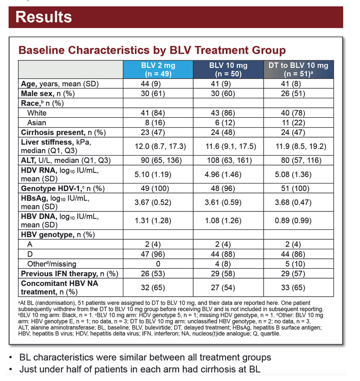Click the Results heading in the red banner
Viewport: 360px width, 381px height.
click(44, 17)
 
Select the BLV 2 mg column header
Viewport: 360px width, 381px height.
click(158, 69)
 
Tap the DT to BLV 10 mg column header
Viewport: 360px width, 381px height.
click(299, 69)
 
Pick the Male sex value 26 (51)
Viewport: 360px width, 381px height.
click(293, 94)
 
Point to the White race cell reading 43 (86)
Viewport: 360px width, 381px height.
click(223, 113)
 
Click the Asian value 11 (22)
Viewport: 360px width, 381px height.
click(294, 123)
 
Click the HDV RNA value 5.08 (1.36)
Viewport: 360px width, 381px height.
click(293, 175)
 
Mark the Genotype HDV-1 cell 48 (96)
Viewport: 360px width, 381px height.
click(223, 189)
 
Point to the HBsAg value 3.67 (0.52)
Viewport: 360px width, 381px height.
click(153, 202)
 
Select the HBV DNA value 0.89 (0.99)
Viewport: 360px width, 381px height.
click(293, 220)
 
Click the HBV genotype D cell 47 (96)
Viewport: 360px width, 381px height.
click(153, 254)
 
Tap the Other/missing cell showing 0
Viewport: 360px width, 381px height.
click(158, 264)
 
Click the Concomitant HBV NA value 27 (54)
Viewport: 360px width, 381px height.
click(223, 288)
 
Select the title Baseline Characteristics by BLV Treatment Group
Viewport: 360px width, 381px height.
click(152, 50)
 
